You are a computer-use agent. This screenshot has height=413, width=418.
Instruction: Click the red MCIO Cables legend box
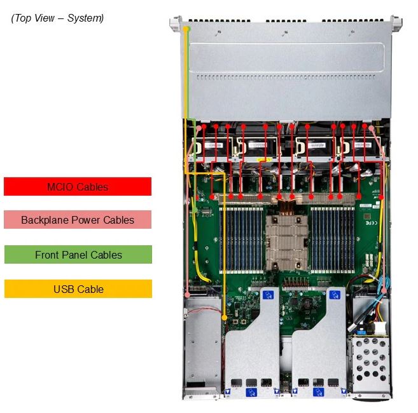tap(78, 186)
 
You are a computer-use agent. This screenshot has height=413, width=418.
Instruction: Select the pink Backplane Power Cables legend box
tap(78, 220)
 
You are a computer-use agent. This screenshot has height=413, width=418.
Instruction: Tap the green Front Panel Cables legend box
tap(78, 255)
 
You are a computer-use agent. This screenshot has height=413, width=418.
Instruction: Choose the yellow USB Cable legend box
tap(78, 288)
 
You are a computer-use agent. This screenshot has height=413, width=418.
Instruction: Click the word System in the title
tap(85, 18)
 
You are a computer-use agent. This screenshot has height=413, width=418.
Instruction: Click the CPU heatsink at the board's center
tap(287, 242)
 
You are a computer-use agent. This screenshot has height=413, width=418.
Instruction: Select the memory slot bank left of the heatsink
tap(241, 240)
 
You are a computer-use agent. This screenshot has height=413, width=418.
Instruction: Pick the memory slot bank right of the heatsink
tap(332, 240)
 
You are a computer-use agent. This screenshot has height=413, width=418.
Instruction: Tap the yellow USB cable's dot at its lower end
tap(225, 318)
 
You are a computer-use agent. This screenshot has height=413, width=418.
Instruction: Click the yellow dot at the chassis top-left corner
tap(186, 29)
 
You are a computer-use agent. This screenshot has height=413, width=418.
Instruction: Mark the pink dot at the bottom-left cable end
tap(188, 295)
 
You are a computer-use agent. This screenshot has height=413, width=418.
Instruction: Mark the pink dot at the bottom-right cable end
tap(384, 290)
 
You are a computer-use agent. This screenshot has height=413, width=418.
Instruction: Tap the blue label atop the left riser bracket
tap(268, 295)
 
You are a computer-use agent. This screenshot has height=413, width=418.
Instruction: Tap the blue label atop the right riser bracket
tap(335, 295)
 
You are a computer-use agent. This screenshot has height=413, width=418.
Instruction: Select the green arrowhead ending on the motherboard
tap(196, 210)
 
